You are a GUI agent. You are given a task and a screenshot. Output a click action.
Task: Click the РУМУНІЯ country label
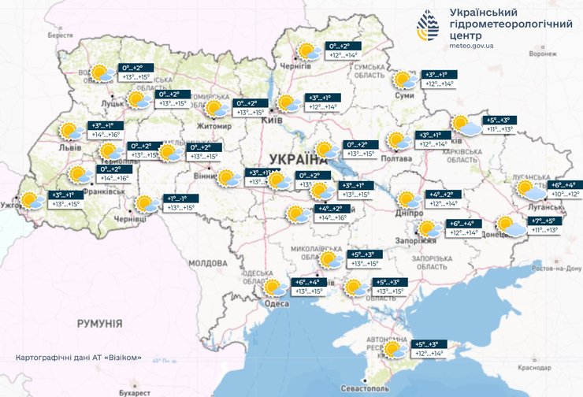click(x=99, y=324)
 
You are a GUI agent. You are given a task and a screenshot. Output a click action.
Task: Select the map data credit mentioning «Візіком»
click(x=79, y=358)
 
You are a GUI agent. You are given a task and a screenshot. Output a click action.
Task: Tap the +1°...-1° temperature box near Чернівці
click(x=176, y=198)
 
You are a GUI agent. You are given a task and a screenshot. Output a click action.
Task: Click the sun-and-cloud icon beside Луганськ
click(x=530, y=189)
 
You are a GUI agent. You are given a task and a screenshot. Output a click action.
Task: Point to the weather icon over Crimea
click(x=391, y=348)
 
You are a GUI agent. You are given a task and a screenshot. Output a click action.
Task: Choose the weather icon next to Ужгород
click(x=32, y=200)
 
